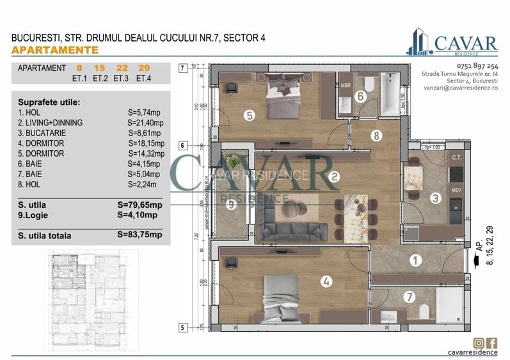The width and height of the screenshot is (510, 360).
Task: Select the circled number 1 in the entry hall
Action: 415,260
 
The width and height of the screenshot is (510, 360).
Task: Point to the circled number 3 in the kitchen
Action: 435,198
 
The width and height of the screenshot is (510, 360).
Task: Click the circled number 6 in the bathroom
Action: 360,97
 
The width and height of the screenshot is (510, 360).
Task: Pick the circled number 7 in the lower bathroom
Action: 410,297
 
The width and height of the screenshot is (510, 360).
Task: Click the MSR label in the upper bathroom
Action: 346,85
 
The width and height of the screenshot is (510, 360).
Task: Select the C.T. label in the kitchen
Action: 456,157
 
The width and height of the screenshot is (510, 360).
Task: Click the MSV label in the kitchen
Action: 456,190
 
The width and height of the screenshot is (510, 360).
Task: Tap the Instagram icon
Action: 479,343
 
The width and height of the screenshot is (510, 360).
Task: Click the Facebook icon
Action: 492,343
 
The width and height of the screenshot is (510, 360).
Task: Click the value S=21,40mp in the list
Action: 146,123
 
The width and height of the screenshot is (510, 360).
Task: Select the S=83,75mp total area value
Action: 140,235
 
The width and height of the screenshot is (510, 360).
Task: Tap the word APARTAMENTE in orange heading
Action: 55,50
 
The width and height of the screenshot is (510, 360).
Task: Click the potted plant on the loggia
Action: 235,163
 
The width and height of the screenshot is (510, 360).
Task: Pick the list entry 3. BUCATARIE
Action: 42,133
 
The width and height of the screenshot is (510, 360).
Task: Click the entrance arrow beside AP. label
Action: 474,260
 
